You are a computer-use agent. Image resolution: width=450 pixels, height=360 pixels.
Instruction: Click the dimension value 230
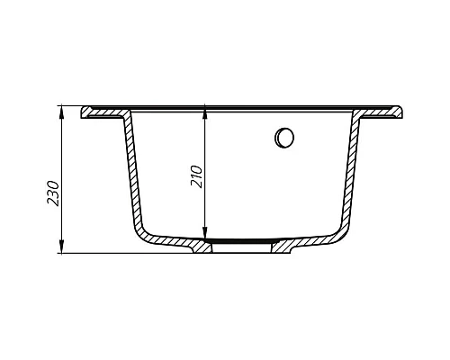(x=53, y=192)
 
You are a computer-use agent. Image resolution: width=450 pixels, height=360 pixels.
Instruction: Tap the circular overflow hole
(x=284, y=138)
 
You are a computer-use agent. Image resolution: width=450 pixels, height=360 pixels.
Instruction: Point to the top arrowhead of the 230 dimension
(x=62, y=111)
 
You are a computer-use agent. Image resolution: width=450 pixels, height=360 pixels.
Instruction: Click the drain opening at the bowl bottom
(x=241, y=244)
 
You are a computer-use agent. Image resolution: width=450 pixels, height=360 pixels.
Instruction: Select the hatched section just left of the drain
(x=200, y=246)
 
